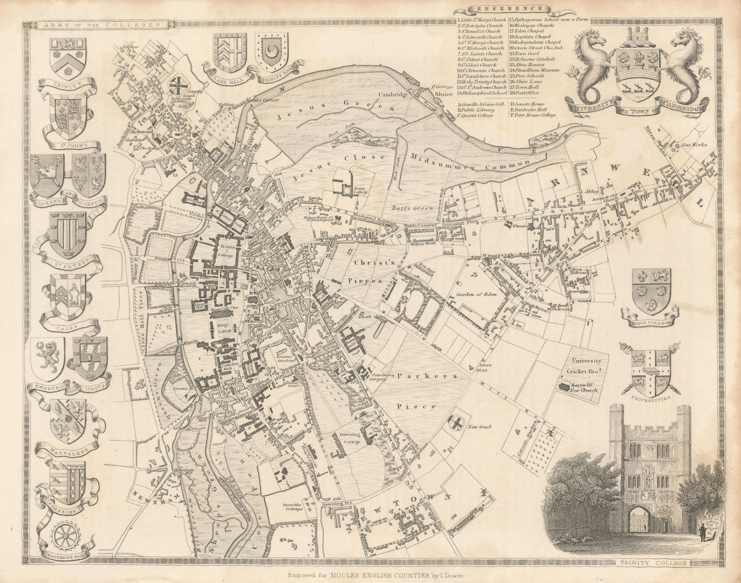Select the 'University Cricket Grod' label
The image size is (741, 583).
586,365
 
